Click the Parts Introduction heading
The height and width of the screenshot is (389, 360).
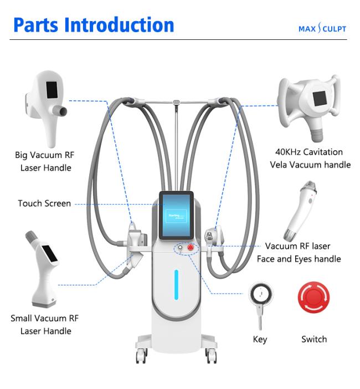[x=94, y=24]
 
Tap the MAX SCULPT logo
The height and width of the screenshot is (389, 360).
[x=322, y=29]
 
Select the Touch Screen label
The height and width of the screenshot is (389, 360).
[x=44, y=203]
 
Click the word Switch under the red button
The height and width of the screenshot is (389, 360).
[x=314, y=339]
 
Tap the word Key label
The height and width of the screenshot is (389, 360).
[x=259, y=339]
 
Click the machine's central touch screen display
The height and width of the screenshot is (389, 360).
[x=176, y=215]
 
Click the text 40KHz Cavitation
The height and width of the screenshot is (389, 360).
[x=309, y=152]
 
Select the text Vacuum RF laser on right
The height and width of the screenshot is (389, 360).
[x=298, y=246]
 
